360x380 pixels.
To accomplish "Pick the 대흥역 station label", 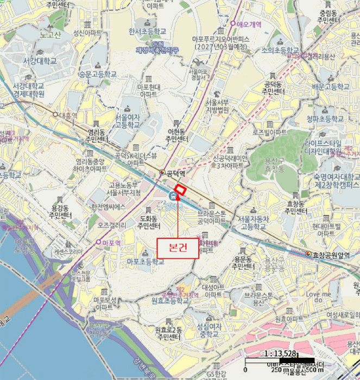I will tap(68, 115).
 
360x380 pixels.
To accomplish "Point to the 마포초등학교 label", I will tap(145, 262).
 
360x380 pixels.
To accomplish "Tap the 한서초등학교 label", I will tap(147, 31).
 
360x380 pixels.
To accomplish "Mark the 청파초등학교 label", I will tap(325, 118).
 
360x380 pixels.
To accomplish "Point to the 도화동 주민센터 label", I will tap(147, 221).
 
